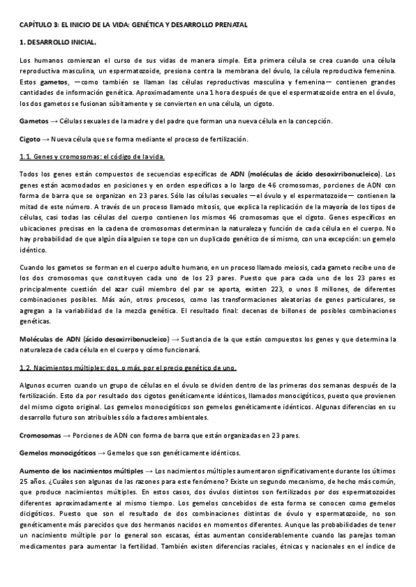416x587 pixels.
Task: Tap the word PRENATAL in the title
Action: point(227,25)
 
